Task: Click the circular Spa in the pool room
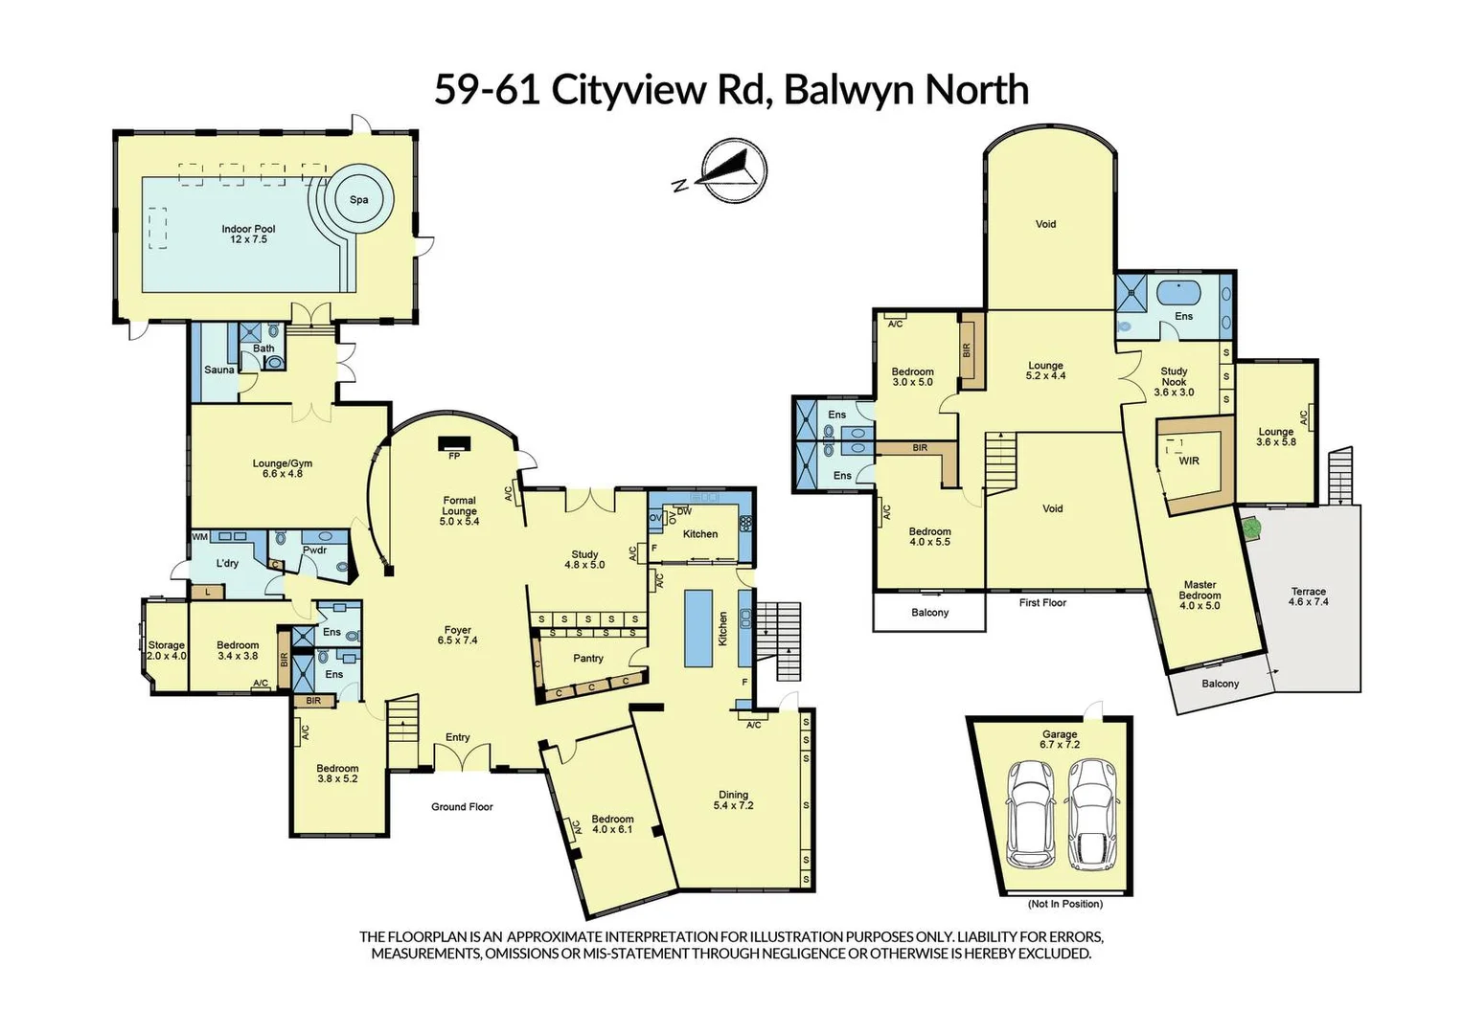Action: [x=358, y=199]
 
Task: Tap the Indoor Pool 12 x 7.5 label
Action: [x=248, y=234]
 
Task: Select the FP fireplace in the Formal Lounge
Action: [x=454, y=445]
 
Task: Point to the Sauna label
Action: [x=218, y=370]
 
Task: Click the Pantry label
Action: [x=588, y=658]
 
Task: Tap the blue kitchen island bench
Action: [x=698, y=628]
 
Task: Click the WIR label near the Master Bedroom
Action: [x=1189, y=461]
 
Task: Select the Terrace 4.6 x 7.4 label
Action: [x=1308, y=596]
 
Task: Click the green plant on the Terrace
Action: [x=1249, y=527]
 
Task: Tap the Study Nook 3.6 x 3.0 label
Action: [x=1174, y=381]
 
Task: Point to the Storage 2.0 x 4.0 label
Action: [x=166, y=650]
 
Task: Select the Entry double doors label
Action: [x=458, y=737]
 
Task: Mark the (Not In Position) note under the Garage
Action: [x=1064, y=904]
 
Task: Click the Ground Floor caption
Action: [x=462, y=807]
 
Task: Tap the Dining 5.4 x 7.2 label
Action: [x=733, y=799]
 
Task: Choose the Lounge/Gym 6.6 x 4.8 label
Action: [x=283, y=468]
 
